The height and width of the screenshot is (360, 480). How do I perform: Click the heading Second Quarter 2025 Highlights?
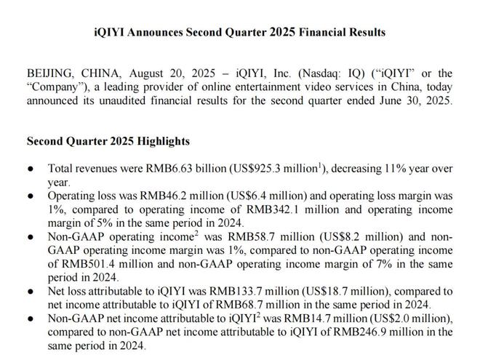pyautogui.click(x=108, y=141)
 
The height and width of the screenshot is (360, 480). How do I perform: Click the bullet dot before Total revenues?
pyautogui.click(x=31, y=169)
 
